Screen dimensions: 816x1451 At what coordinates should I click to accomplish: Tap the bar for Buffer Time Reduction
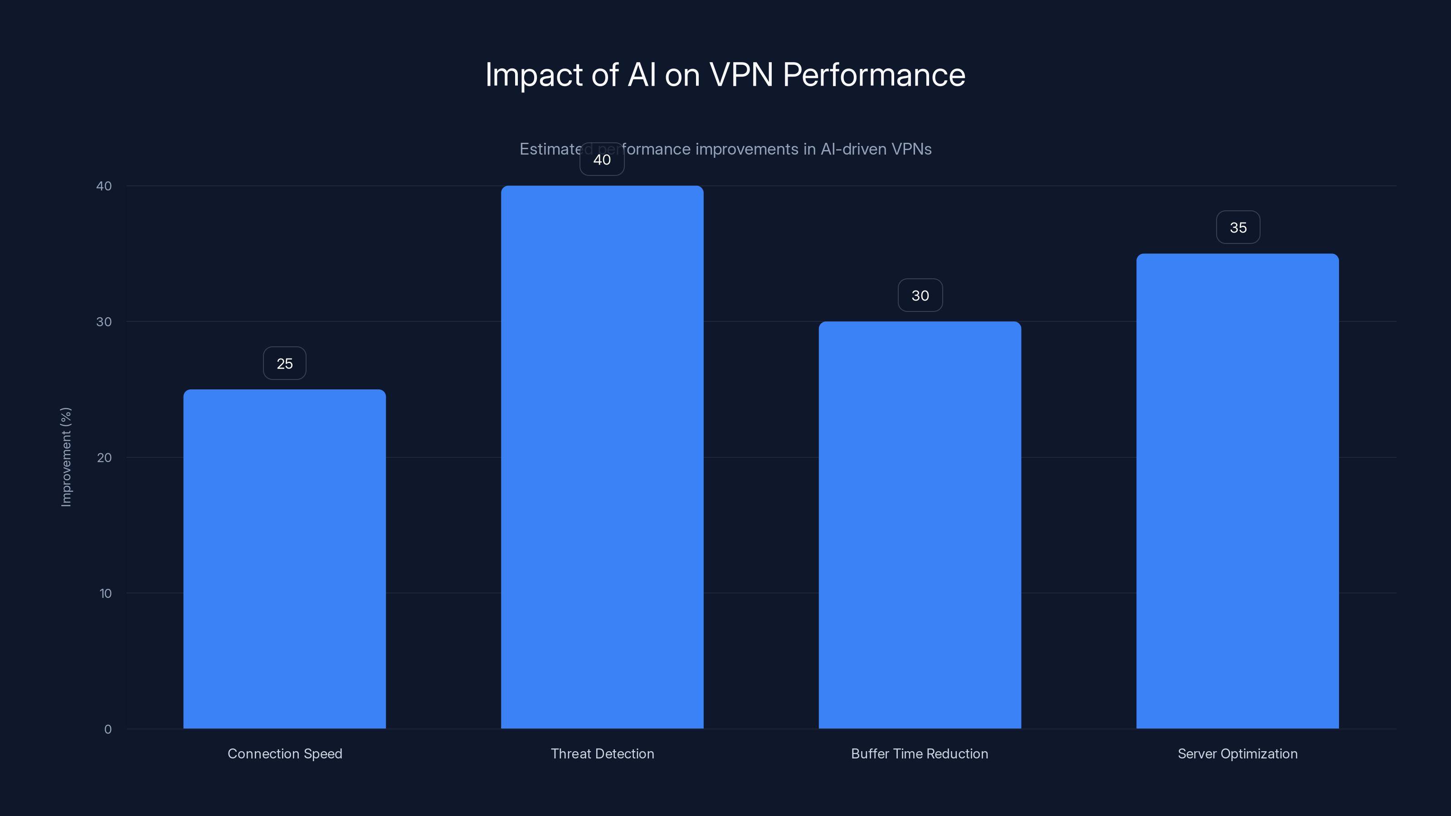coord(920,525)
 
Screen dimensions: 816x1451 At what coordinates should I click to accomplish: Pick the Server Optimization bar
coord(1237,491)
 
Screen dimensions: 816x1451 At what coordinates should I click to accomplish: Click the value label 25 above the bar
coord(284,364)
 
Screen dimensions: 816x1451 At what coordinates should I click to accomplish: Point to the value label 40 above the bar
coord(602,160)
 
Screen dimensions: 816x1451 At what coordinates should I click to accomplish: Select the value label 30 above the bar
coord(920,296)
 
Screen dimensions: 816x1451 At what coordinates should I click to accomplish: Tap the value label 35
coord(1237,228)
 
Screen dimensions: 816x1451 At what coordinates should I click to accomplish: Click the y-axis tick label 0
coord(107,729)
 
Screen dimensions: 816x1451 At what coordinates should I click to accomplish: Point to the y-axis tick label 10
coord(105,593)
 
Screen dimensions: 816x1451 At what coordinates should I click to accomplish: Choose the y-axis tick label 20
coord(104,458)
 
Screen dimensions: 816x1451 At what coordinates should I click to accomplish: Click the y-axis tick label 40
coord(104,186)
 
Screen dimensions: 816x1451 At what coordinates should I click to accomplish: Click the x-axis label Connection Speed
coord(284,754)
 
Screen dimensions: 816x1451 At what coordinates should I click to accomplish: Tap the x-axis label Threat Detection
coord(602,754)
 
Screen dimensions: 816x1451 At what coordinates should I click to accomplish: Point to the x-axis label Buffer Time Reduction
coord(919,754)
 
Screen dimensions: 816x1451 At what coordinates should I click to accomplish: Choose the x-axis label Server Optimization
coord(1237,754)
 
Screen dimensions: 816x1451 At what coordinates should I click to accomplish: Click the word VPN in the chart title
coord(741,75)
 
